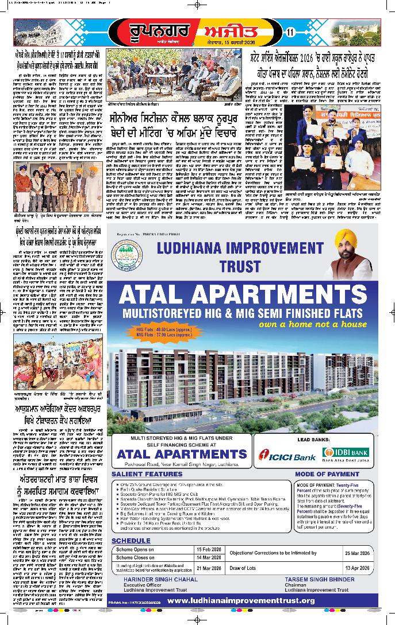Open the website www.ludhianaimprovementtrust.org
[241, 600]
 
